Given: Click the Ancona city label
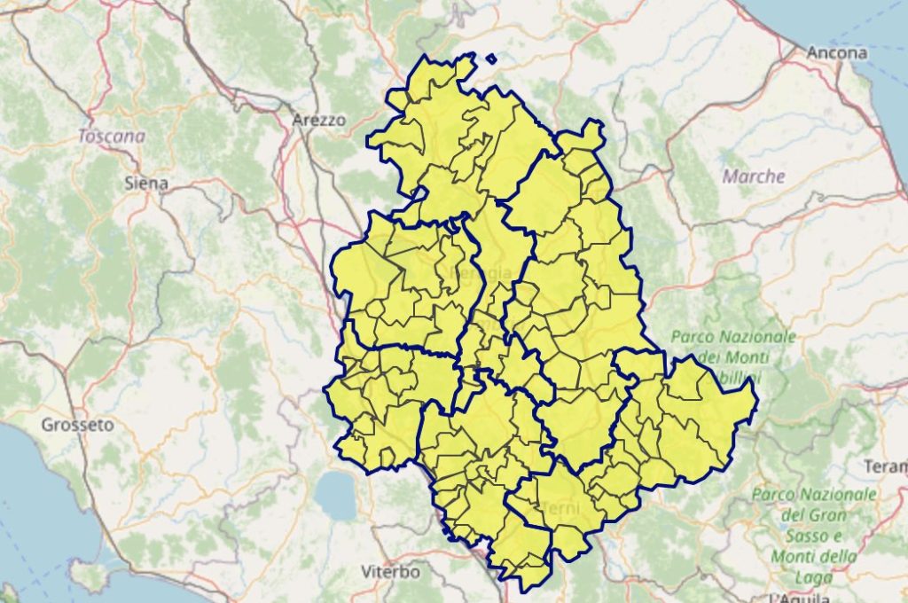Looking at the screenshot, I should click(836, 53).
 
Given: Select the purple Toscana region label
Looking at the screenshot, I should click(111, 137).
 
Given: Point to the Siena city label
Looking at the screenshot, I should click(146, 184).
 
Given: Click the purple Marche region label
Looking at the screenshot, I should click(754, 176).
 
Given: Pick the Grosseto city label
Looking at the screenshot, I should click(77, 425).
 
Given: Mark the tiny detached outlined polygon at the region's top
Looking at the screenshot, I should click(491, 60).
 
